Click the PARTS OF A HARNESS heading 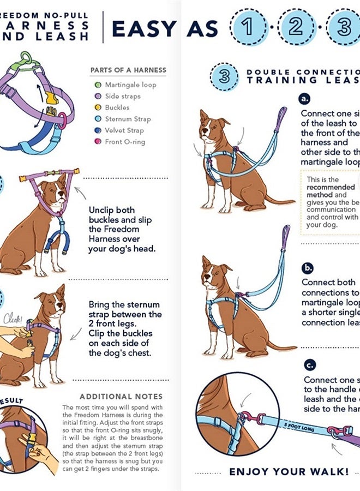coord(128,70)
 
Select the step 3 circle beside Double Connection coord(224,76)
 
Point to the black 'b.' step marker coord(308,268)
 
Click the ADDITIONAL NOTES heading coord(121,397)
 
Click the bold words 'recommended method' coord(330,191)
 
